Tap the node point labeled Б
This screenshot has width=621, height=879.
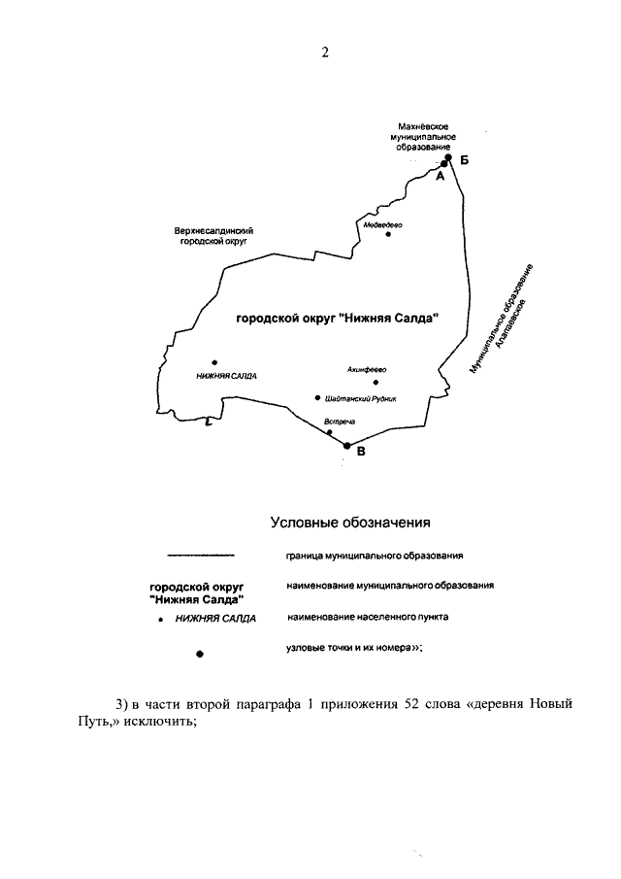pos(448,157)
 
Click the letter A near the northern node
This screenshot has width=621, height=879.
pos(440,178)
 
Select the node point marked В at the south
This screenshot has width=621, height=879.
pos(346,446)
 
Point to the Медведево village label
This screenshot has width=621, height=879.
pos(382,223)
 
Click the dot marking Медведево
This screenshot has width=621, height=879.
pos(388,234)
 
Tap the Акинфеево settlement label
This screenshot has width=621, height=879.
pos(367,369)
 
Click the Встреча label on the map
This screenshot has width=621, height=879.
pos(341,421)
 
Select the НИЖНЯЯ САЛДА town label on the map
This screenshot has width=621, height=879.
pos(226,376)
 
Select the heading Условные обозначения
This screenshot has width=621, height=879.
pos(349,524)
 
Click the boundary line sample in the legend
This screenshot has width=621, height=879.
pos(201,556)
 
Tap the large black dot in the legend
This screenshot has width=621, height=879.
pos(200,654)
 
